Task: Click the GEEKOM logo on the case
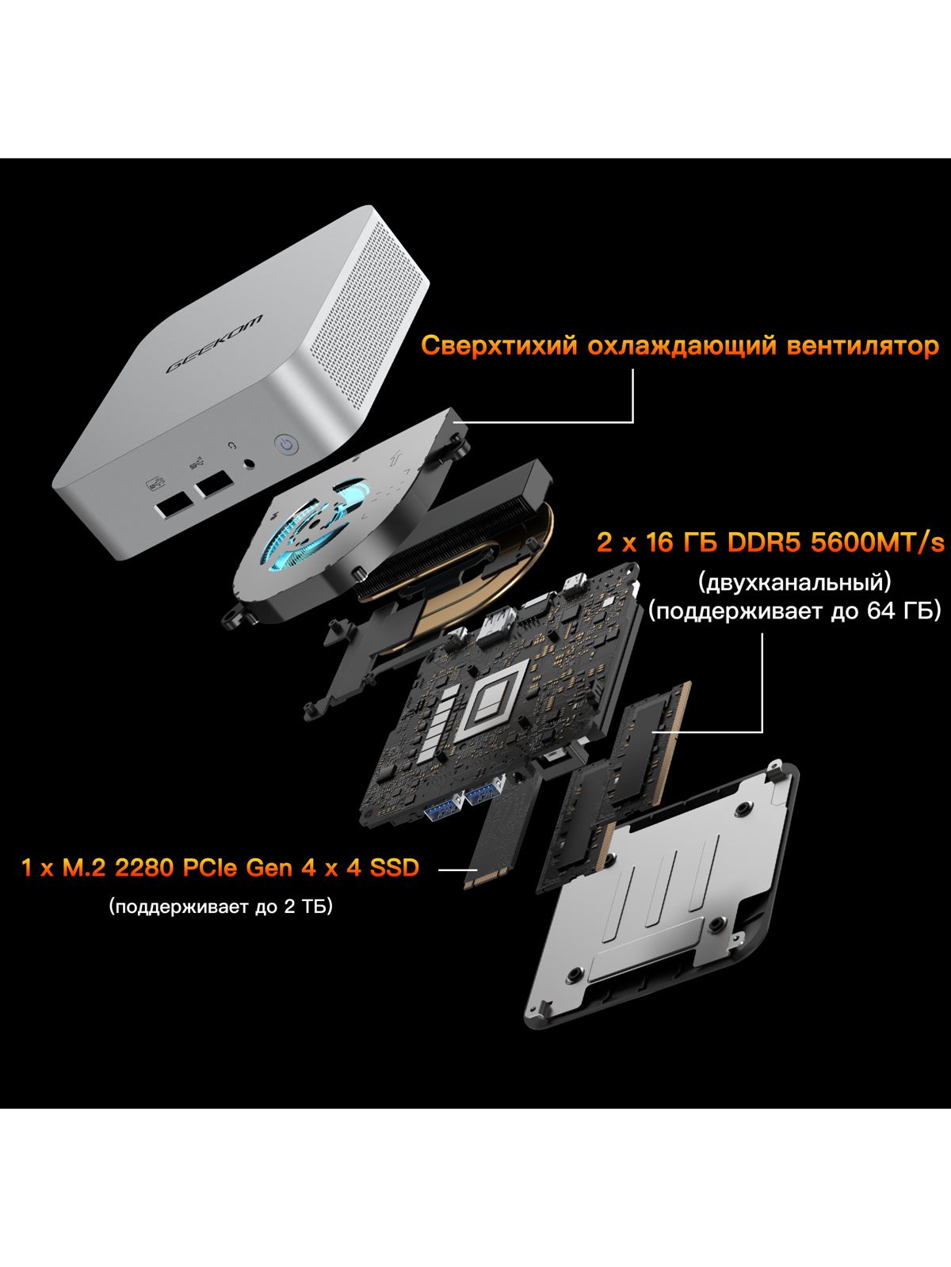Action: coord(214,344)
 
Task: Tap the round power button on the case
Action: coord(286,445)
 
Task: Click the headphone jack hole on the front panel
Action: coord(250,463)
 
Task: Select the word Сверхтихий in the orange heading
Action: coord(499,346)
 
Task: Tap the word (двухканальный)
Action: coord(795,582)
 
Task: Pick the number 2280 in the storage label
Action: coord(143,868)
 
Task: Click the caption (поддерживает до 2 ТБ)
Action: coord(220,906)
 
